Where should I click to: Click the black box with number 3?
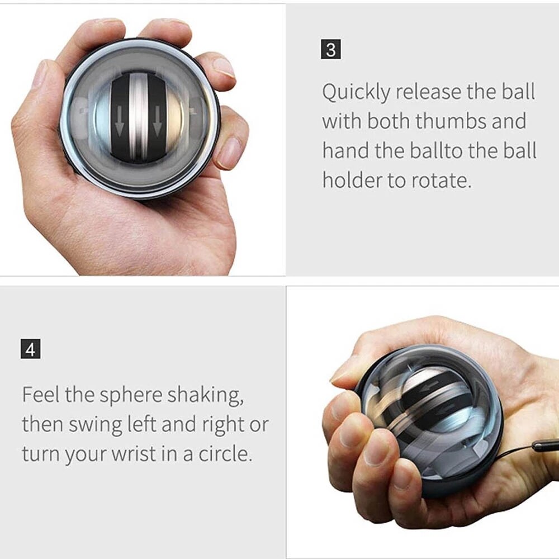tap(331, 50)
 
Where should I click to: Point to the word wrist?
tap(142, 453)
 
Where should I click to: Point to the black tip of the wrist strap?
tap(545, 446)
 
